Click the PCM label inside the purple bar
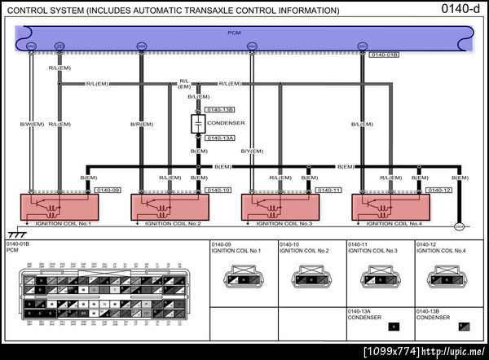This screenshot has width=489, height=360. (x=234, y=33)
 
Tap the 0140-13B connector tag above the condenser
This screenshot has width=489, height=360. (x=219, y=109)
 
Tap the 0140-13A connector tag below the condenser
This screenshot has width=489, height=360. (x=219, y=138)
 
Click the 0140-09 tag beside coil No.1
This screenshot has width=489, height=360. (x=108, y=190)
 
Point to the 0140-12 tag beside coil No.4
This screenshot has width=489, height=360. (x=438, y=190)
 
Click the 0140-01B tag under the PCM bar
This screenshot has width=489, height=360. (x=384, y=55)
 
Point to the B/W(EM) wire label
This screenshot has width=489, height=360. (x=32, y=125)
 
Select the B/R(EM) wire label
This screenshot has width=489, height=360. (x=142, y=125)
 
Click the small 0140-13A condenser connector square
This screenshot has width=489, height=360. (x=394, y=326)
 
